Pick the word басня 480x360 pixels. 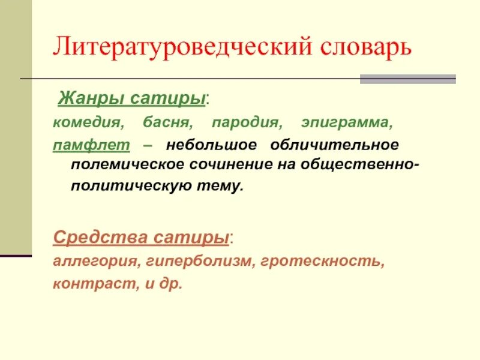tap(167, 124)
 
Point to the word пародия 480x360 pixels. tap(247, 124)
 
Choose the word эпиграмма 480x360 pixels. tap(347, 124)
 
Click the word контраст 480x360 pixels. tap(82, 283)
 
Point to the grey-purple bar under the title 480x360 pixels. tap(407, 79)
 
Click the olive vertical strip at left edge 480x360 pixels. tap(15, 120)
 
